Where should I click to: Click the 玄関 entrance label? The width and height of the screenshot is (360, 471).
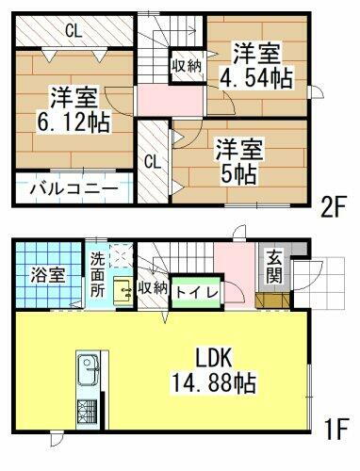(273, 268)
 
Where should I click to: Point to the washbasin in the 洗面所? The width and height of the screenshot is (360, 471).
(120, 291)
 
